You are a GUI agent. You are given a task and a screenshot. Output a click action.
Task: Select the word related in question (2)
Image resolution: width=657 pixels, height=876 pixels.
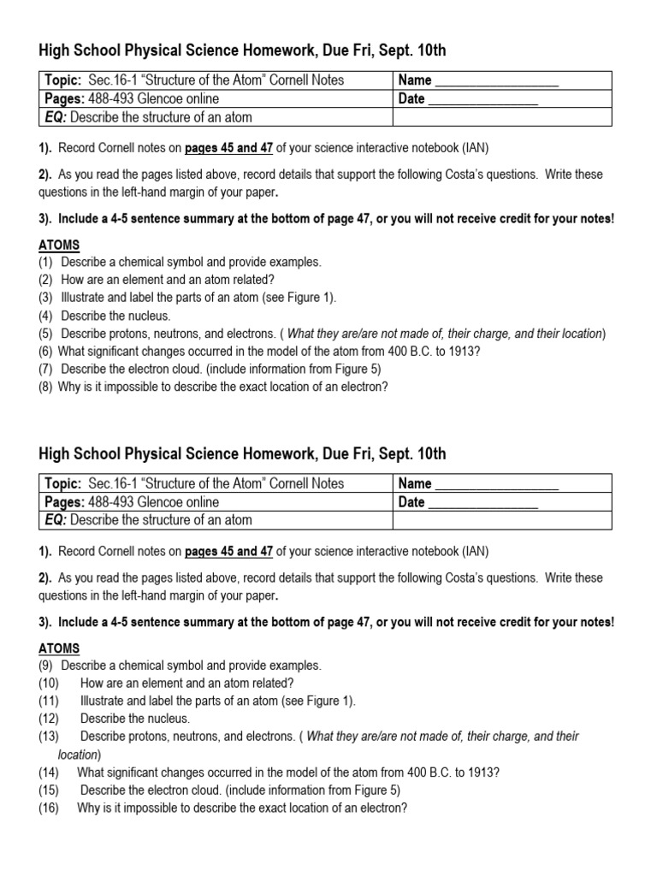coord(253,280)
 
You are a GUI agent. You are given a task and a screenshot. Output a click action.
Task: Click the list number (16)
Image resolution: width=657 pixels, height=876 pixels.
coord(48,807)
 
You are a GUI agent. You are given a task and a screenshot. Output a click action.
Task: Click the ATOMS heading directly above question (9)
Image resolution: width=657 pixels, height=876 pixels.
coord(58,648)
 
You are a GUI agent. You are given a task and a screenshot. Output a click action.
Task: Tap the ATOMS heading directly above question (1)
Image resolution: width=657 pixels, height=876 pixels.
coord(58,246)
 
